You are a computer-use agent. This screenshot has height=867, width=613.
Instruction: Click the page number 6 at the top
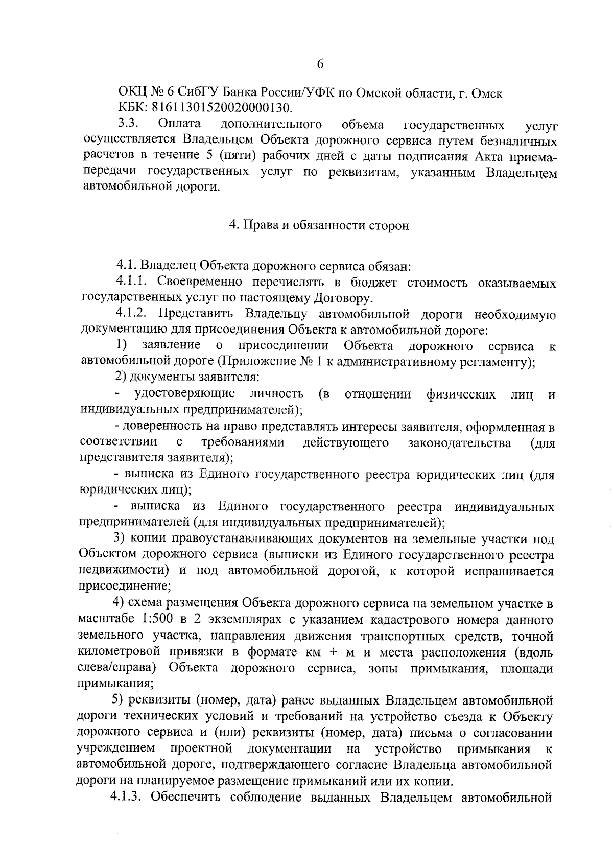click(320, 64)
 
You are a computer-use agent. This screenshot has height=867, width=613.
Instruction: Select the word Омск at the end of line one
click(485, 93)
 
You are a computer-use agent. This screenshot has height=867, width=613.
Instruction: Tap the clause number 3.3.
click(128, 124)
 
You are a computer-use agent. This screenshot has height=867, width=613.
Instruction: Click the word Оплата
click(180, 124)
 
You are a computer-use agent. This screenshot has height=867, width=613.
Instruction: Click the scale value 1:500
click(155, 620)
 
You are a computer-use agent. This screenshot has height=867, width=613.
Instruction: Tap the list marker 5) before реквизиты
click(118, 700)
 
